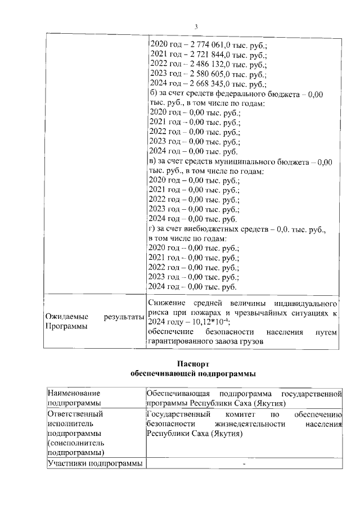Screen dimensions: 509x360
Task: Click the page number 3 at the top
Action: tap(196, 26)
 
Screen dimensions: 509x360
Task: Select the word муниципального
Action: tap(260, 161)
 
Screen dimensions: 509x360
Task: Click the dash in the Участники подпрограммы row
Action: tap(244, 463)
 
